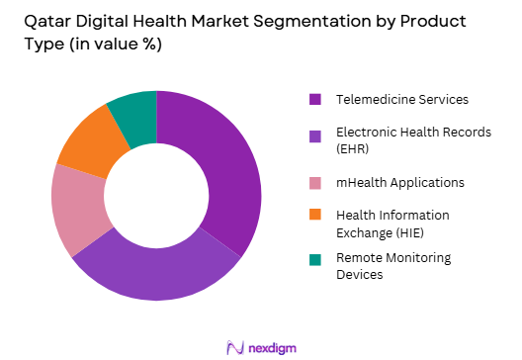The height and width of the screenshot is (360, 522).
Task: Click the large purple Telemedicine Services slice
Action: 223,168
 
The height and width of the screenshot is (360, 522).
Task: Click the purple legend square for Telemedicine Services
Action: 315,99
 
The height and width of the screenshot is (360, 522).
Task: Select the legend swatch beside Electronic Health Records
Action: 315,135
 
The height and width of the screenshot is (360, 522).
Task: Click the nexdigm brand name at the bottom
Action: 273,346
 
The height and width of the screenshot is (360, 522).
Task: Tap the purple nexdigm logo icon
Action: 235,346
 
